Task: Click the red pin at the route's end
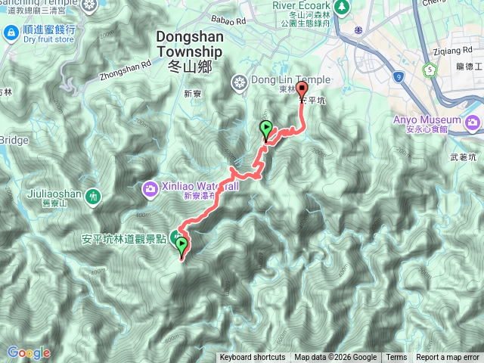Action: coord(302,88)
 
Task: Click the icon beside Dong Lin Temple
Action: coord(241,82)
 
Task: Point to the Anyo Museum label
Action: coord(427,120)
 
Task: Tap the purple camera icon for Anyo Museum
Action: coord(473,121)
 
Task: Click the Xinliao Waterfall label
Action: coord(200,186)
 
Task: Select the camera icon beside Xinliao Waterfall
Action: coord(150,187)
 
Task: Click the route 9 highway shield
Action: coord(399,76)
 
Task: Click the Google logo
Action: coord(29,352)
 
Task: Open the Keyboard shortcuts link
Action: coord(253,358)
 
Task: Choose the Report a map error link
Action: coord(448,358)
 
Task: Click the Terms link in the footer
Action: coord(396,358)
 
